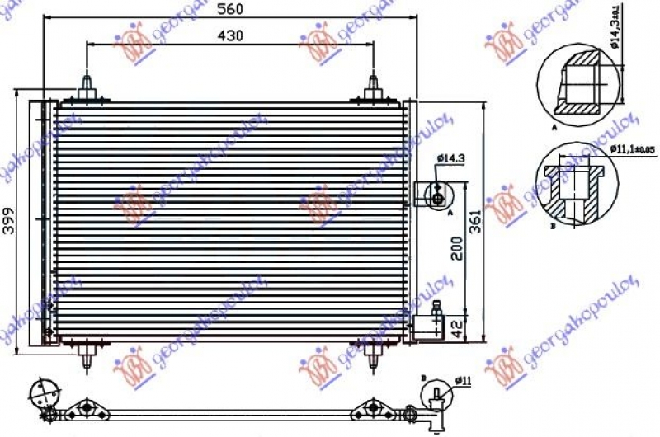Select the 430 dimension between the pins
point(230,37)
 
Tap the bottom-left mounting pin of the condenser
point(87,355)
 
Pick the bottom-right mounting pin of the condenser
point(374,355)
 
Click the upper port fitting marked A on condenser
point(434,195)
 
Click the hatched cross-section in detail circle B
point(573,195)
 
